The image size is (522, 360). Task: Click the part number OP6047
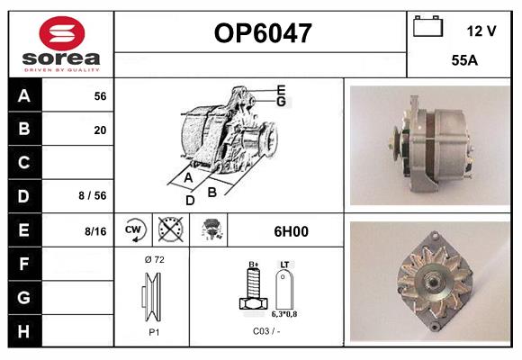[262, 34]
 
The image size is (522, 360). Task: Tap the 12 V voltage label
[481, 31]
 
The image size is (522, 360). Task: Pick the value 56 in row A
[100, 96]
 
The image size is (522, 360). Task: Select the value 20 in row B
[100, 130]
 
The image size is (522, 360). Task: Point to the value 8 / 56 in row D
[93, 196]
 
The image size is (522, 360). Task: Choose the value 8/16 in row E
[94, 231]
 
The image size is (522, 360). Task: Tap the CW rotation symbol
[132, 230]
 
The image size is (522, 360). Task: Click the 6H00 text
[289, 231]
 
